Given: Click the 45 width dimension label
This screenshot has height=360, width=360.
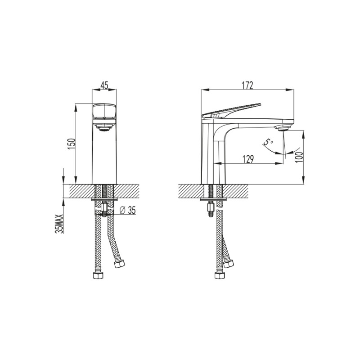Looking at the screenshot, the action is coord(104,85).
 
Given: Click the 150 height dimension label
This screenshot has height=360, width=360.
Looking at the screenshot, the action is coord(72,144).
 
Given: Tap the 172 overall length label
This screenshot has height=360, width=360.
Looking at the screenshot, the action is coord(247,85).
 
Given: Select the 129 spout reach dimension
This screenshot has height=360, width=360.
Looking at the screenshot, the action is coord(248,159).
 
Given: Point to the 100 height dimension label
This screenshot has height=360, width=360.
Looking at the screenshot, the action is coord(299,157).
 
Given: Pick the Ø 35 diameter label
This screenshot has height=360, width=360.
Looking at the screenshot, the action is coord(128,210).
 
